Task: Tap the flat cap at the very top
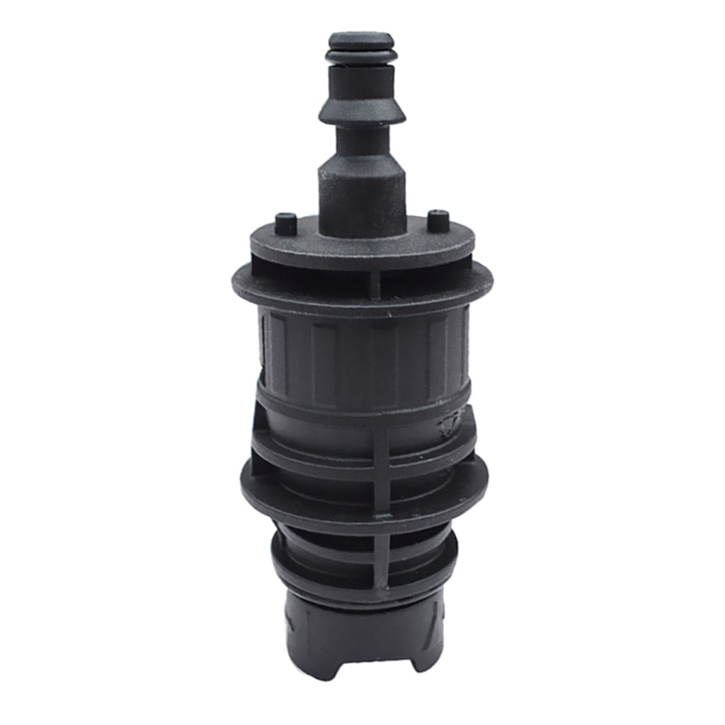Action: point(361,38)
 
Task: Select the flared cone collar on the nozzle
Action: point(361,110)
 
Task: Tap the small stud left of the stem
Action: point(285,224)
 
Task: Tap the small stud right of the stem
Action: point(438,221)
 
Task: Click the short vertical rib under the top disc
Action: point(375,284)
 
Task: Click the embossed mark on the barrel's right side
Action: point(450,423)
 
